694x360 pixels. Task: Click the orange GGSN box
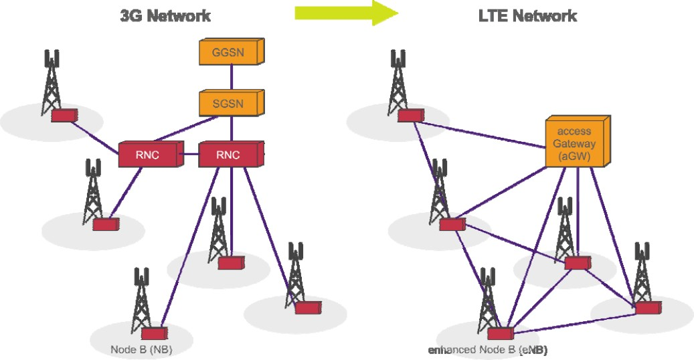coord(230,52)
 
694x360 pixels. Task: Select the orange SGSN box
coord(230,103)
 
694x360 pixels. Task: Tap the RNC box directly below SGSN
coord(229,155)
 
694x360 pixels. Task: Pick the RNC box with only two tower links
coord(148,155)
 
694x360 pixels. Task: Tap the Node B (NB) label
coord(141,349)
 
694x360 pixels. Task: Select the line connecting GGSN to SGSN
coord(231,78)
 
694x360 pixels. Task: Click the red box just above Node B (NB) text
coord(154,333)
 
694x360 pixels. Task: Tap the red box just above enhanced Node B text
coord(500,333)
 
